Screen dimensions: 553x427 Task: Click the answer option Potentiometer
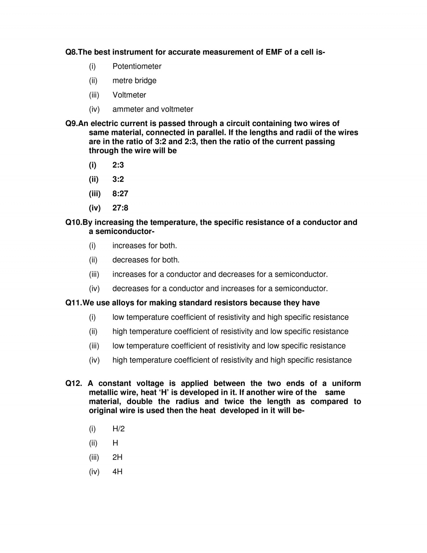137,66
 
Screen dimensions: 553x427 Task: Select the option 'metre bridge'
134,80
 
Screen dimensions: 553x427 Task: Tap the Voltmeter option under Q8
129,95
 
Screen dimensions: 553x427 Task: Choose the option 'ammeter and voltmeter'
153,109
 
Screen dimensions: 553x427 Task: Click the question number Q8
71,52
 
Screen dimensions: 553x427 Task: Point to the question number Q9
71,123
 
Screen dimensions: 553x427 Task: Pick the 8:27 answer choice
120,193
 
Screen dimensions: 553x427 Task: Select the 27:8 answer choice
120,208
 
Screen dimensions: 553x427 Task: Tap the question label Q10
73,222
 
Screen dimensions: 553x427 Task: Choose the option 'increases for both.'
144,245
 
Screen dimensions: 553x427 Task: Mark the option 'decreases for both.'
146,260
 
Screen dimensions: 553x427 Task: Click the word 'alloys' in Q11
122,303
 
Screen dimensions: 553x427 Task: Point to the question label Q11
73,303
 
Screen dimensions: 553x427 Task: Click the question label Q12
74,383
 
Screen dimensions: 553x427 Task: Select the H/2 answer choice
118,428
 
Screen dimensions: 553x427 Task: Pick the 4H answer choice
117,471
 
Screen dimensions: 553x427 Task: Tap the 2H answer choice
117,457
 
